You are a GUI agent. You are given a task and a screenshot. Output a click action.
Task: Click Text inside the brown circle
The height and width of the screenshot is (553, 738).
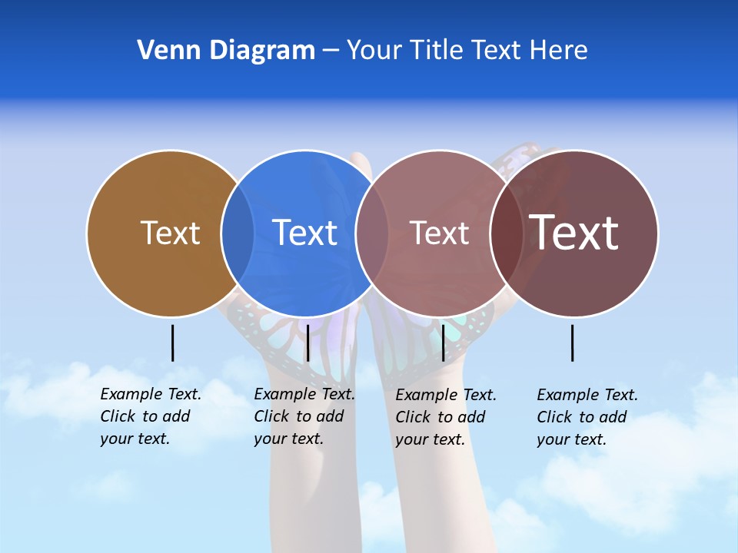tap(170, 233)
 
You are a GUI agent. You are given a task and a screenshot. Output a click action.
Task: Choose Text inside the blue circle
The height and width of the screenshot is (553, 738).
tap(305, 233)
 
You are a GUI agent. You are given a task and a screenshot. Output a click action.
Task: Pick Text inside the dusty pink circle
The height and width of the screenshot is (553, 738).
tap(439, 233)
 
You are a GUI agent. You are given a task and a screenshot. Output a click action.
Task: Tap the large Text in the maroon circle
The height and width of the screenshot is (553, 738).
tap(574, 233)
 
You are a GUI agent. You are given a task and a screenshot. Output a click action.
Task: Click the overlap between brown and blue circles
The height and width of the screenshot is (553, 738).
tap(238, 233)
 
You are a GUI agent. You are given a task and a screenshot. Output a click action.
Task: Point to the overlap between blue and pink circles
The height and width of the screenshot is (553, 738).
tap(372, 233)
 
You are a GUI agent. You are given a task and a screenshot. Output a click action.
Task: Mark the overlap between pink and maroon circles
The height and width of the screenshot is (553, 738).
tap(507, 233)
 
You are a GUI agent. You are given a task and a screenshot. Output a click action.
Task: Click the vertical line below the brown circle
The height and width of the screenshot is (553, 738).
tap(172, 343)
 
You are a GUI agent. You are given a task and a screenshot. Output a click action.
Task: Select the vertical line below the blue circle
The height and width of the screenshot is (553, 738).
tap(307, 343)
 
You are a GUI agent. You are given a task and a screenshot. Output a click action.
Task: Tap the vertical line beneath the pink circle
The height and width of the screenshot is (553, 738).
tap(443, 343)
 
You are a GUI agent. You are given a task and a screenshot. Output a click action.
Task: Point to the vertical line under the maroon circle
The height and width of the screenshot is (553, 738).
tap(573, 343)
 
